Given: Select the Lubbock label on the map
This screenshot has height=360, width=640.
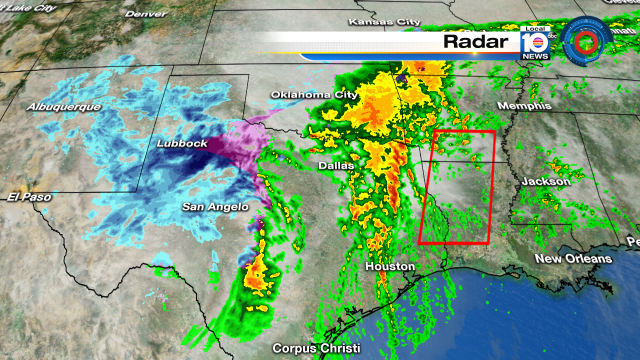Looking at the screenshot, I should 182,144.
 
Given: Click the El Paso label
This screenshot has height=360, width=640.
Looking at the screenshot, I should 28,196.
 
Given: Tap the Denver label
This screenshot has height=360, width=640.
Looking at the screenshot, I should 146,14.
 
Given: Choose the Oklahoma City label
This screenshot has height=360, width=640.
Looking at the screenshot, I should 313,95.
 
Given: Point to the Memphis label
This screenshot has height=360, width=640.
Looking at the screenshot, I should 526,106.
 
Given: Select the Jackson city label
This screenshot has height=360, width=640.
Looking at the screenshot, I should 546,181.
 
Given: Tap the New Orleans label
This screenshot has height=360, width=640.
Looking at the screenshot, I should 573,259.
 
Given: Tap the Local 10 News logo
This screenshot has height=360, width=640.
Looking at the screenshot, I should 535,45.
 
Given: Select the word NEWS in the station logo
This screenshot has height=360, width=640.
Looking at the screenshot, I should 535,57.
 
